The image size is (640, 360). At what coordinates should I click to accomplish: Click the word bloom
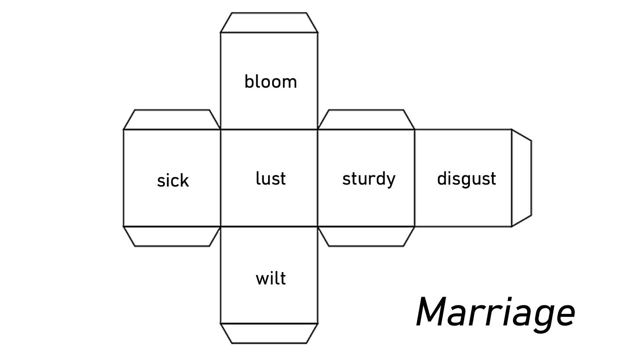click(270, 82)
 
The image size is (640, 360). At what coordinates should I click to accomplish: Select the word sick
click(173, 180)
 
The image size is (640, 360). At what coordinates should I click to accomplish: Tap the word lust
click(270, 178)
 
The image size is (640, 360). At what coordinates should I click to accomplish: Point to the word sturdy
click(368, 179)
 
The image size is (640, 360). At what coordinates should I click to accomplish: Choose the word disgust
click(466, 179)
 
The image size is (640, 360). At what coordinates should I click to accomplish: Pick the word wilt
click(270, 278)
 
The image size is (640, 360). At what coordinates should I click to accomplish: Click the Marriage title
click(495, 313)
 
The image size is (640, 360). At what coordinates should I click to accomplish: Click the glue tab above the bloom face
click(269, 22)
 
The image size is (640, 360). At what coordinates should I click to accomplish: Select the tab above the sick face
click(171, 120)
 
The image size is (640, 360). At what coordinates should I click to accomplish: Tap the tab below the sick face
click(171, 236)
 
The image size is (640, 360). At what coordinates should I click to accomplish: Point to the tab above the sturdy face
click(366, 120)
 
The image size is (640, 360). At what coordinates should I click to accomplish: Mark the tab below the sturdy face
click(366, 236)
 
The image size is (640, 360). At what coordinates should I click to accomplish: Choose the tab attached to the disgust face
click(522, 178)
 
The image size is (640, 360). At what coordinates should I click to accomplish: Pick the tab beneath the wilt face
click(269, 333)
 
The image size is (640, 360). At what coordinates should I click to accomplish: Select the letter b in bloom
click(249, 81)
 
